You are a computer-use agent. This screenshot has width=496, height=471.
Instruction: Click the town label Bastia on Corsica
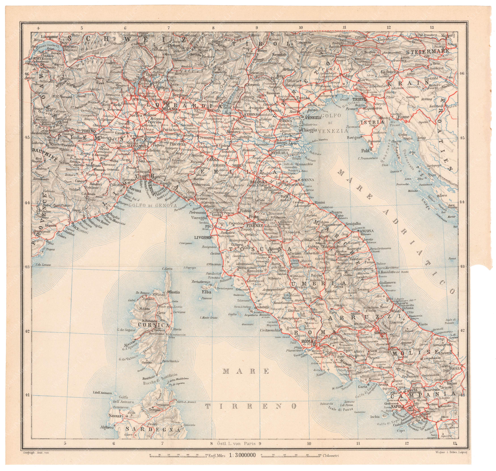(x=174, y=292)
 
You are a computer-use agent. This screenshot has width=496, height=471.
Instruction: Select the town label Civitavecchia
(x=270, y=330)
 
